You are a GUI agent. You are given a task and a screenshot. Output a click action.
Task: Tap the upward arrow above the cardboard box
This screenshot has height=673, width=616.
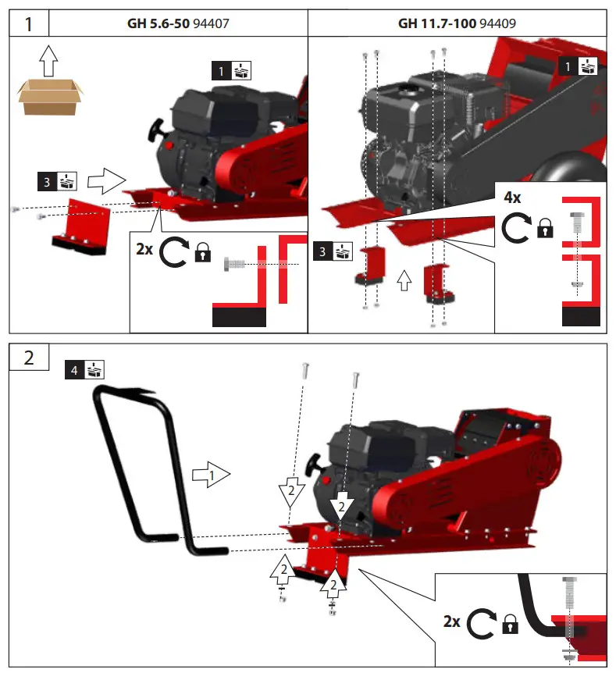pyautogui.click(x=49, y=59)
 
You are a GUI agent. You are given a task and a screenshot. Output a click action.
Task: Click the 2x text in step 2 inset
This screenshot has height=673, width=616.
pyautogui.click(x=453, y=621)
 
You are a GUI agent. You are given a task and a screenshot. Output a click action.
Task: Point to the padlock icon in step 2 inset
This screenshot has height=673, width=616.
pyautogui.click(x=511, y=623)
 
